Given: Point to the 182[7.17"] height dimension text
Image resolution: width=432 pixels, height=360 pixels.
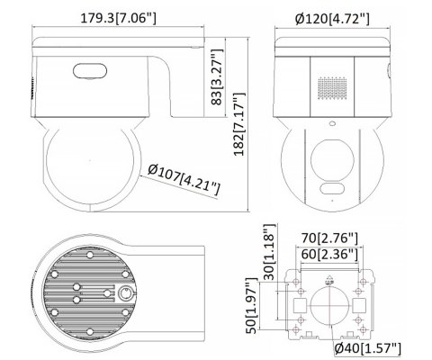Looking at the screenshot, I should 238,124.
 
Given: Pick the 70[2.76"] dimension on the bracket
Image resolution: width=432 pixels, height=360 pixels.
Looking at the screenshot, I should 329,238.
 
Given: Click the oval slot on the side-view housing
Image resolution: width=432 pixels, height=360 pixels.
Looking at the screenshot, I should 88,68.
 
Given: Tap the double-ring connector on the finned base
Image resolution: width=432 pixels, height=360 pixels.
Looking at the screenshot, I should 123,293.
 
